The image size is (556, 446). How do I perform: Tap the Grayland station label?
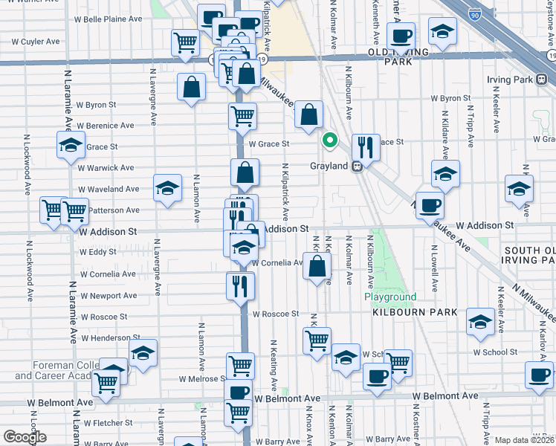(329, 167)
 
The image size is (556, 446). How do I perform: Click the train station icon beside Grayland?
(358, 166)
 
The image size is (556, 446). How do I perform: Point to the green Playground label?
(390, 297)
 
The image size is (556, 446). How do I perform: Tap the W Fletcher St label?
(108, 423)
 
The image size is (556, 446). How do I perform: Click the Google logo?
(25, 437)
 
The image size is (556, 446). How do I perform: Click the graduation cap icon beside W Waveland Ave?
(167, 188)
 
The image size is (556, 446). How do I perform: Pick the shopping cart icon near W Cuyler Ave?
(184, 42)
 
